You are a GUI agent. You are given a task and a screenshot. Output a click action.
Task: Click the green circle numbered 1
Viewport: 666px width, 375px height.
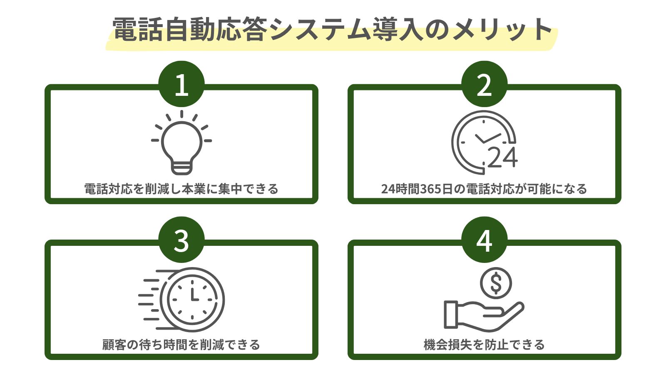coord(181,85)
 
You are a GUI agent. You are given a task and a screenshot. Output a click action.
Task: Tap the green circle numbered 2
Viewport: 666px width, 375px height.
coord(484,85)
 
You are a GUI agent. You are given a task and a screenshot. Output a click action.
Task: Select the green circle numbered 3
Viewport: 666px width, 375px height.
coord(181,240)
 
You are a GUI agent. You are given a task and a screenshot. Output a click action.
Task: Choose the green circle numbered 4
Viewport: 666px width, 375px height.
coord(484,240)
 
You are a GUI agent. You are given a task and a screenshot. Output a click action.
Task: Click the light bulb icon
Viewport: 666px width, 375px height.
coord(181,142)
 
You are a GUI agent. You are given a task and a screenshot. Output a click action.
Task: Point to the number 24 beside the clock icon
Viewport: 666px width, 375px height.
coord(502,157)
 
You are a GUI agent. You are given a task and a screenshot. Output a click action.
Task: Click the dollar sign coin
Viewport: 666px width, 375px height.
coord(495,283)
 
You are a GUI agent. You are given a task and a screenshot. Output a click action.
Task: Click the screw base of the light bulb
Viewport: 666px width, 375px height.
coord(181,167)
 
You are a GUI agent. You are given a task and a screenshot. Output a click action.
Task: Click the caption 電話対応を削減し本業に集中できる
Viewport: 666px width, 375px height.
coord(181,189)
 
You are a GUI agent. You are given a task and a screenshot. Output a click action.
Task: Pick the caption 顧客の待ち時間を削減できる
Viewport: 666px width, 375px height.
coord(181,345)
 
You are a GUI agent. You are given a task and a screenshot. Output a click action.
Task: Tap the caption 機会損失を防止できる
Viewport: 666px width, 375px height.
coord(484,345)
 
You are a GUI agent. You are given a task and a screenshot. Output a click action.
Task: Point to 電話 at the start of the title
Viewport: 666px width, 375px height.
coord(137,30)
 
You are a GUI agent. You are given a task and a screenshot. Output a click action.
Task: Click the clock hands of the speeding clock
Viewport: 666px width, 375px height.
coord(194,294)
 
